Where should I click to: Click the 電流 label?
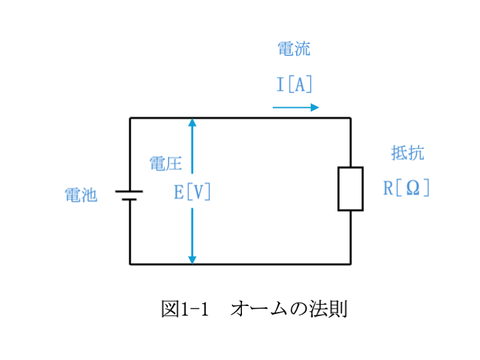point(294,49)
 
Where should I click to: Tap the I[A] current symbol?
point(294,84)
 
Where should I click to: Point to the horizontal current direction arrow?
point(296,107)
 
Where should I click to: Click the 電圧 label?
point(165,163)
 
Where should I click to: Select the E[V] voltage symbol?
point(192,192)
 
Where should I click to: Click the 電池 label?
point(81,195)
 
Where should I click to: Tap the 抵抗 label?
point(408,153)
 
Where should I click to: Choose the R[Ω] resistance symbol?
point(407,188)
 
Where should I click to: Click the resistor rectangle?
point(338,189)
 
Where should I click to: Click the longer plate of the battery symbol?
point(129,191)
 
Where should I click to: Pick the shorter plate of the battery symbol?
point(129,199)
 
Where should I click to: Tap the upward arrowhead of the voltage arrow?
point(192,123)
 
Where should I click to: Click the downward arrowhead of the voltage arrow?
point(192,260)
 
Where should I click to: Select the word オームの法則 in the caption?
point(289,309)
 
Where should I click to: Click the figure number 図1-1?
point(185,309)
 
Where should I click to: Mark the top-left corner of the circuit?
point(130,118)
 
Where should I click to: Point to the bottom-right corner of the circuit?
point(351,264)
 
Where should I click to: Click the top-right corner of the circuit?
point(351,118)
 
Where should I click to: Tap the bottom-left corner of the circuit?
point(130,264)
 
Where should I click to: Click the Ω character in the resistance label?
point(413,188)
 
